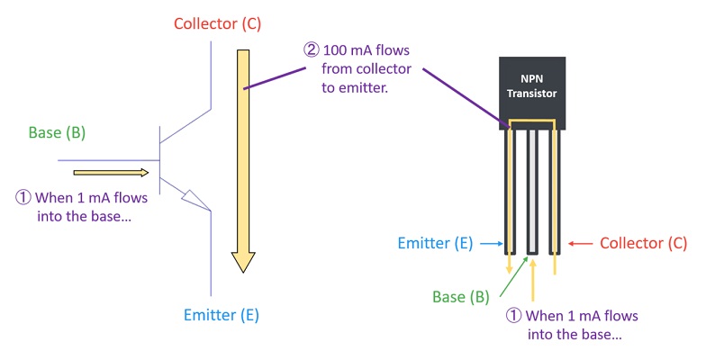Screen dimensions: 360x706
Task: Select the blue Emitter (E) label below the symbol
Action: coord(222,314)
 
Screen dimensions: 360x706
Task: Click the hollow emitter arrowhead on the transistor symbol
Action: coord(193,199)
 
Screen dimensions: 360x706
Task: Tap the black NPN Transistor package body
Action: coord(532,91)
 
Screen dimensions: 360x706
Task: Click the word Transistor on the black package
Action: coord(532,94)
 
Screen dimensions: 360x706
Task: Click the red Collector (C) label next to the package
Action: coord(643,243)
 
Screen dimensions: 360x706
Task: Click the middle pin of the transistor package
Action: coord(532,189)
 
